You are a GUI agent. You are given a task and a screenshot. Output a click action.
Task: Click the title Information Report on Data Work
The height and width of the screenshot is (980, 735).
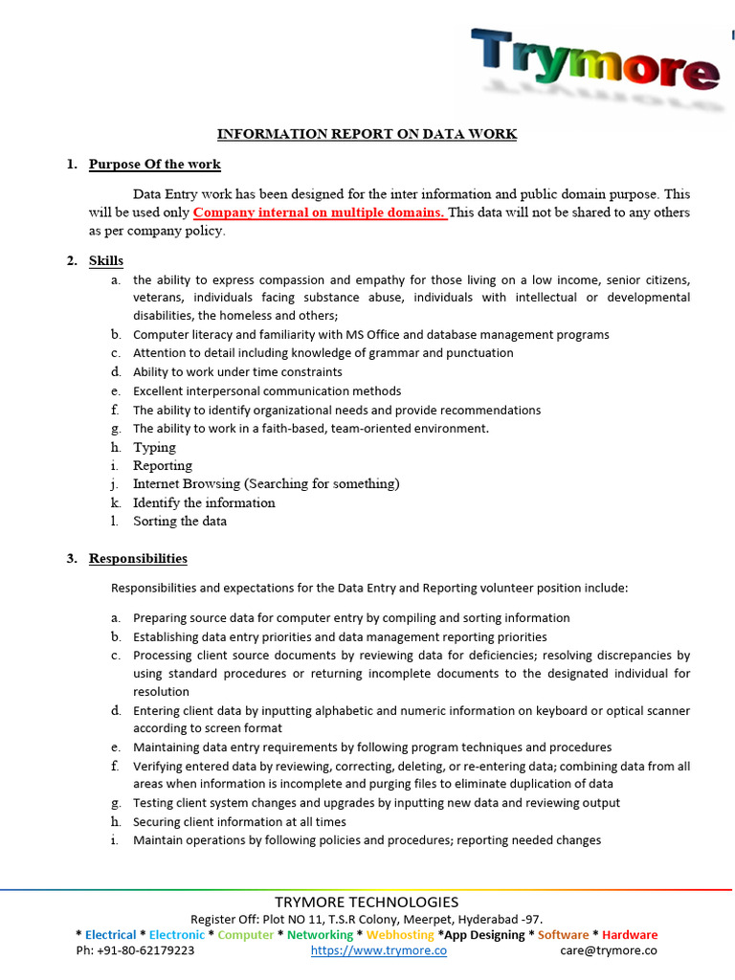point(367,134)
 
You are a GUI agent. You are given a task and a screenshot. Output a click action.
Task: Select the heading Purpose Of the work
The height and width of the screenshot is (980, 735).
point(155,165)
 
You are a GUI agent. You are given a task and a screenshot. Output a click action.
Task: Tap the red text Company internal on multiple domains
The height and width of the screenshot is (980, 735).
point(320,212)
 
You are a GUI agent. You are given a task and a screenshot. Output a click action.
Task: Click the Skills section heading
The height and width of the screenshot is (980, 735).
point(106,260)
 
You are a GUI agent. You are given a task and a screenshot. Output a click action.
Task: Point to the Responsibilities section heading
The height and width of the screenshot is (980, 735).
point(138,559)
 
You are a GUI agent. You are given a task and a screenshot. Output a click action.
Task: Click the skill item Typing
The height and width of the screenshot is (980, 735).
point(154,447)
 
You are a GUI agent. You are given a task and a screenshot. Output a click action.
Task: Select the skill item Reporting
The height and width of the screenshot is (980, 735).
point(162,465)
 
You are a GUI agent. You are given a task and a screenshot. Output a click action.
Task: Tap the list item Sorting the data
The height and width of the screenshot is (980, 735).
point(180,521)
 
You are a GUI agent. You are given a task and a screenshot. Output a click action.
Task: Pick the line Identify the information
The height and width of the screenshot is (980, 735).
point(204,502)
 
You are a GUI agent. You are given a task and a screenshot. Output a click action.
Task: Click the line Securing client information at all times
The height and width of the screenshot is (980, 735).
point(239,822)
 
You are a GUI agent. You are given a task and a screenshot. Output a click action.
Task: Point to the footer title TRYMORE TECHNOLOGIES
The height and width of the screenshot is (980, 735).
point(367,902)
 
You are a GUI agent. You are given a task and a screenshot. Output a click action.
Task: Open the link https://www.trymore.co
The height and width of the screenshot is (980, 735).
point(379,950)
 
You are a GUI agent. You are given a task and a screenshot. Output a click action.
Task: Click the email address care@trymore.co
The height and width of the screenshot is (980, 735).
point(609,950)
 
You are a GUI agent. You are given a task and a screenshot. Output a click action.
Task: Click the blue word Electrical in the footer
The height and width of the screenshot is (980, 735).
point(111,935)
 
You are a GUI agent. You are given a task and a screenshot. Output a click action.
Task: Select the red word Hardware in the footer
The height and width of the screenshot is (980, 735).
point(629,935)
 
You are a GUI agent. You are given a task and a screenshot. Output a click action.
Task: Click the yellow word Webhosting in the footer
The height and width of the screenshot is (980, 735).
point(401,935)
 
